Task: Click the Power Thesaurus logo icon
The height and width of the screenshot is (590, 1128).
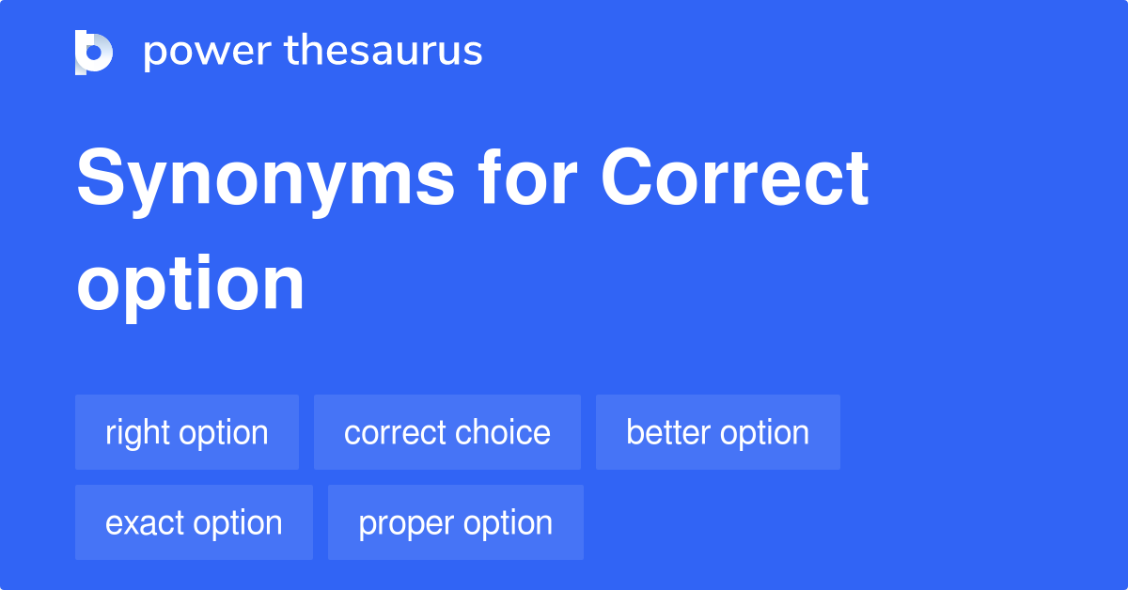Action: click(94, 52)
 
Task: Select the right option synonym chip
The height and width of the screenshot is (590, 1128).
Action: click(187, 433)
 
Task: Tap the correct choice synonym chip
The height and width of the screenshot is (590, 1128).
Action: click(447, 433)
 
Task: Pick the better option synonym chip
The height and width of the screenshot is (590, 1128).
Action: click(718, 433)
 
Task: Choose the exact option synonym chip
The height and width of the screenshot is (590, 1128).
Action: click(194, 523)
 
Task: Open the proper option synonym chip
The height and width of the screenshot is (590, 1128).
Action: click(456, 523)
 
